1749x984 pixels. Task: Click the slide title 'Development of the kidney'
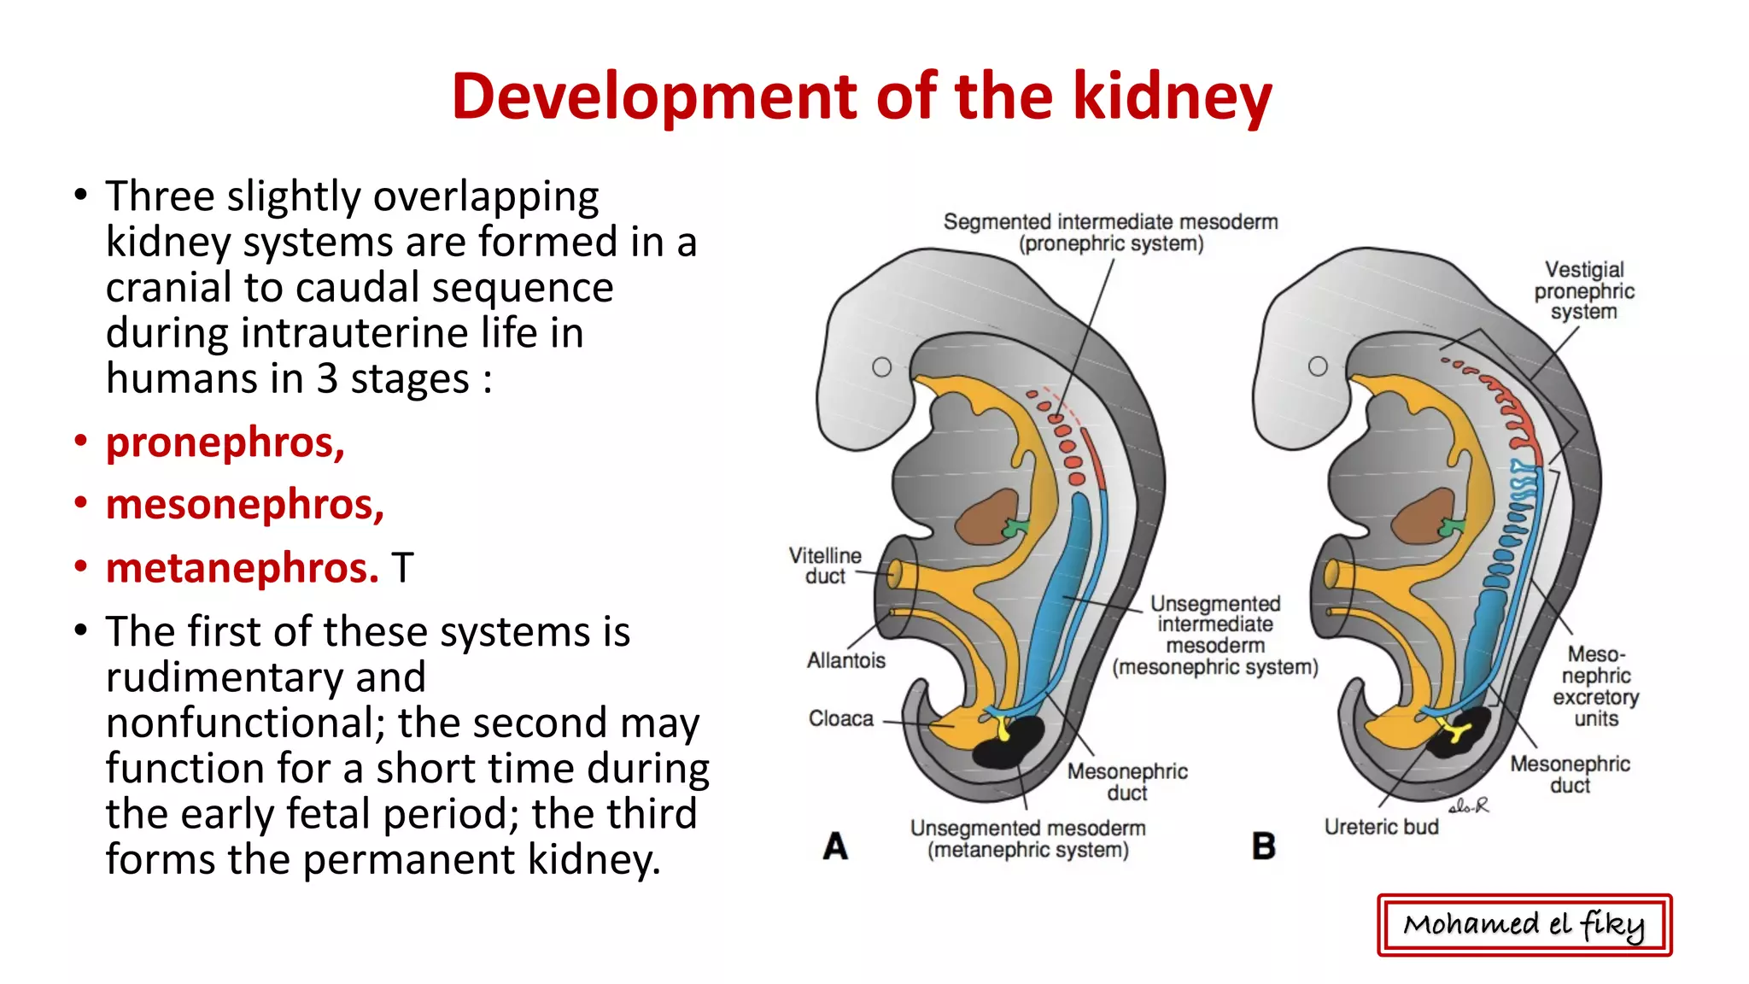[862, 96]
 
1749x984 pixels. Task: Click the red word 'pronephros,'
[225, 442]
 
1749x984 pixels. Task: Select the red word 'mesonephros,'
[245, 505]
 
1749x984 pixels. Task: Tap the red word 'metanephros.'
[243, 568]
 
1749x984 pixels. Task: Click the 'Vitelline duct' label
[825, 565]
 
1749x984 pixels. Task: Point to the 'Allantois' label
[845, 660]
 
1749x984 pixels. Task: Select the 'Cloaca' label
[841, 719]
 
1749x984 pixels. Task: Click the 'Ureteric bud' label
[1381, 827]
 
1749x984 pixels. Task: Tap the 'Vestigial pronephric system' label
[1584, 290]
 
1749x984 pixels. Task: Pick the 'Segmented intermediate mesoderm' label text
[1110, 222]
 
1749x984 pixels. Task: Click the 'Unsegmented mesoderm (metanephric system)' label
[1027, 839]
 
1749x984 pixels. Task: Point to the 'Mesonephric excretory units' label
[1595, 686]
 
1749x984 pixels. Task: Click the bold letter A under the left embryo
[835, 846]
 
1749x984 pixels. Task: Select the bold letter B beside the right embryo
[1264, 846]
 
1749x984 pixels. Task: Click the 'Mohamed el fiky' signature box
[1524, 924]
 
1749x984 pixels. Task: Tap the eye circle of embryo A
[881, 367]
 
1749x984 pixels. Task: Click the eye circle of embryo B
[1318, 366]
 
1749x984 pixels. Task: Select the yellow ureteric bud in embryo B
[1455, 731]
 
